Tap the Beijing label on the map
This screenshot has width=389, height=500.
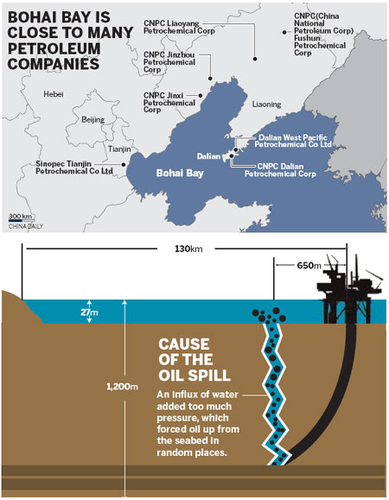(x=92, y=120)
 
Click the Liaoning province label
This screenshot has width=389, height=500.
(x=266, y=104)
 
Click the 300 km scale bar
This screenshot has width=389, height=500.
(x=21, y=218)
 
